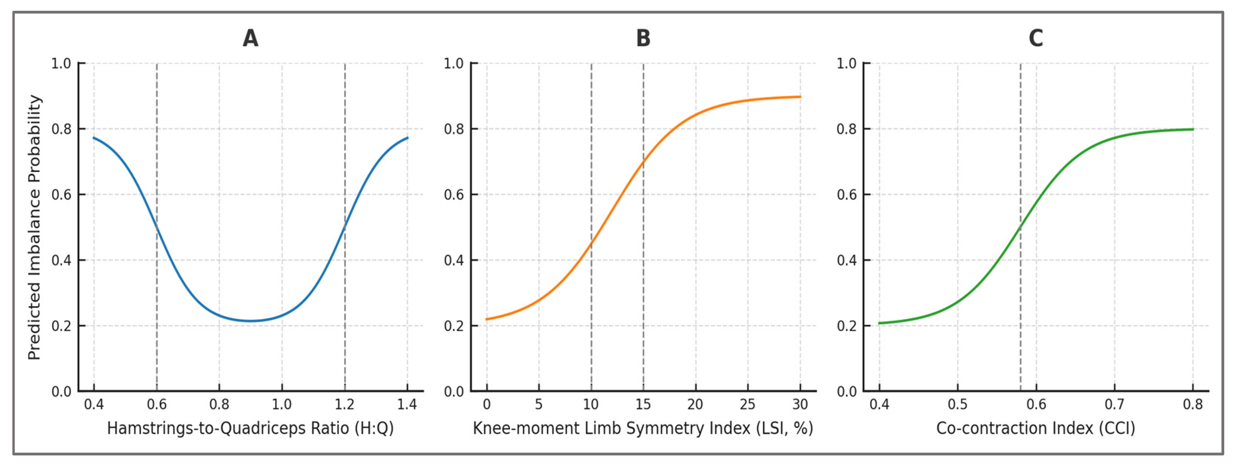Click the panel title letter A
[x=250, y=38]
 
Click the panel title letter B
[x=643, y=38]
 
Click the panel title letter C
[x=1036, y=38]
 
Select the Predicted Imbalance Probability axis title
[x=35, y=227]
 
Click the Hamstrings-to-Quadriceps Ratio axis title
[x=250, y=428]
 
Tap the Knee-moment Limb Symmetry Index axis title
[x=643, y=428]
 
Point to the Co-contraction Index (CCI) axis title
[x=1036, y=428]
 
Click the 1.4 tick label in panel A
[x=407, y=404]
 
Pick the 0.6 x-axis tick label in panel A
[x=157, y=404]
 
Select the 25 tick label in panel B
[x=748, y=404]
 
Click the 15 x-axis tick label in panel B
[x=644, y=404]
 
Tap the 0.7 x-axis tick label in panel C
[x=1115, y=404]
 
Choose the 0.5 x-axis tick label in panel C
[x=957, y=404]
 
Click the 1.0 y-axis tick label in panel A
[x=61, y=63]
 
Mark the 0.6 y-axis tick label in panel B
[x=454, y=195]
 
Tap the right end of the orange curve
[x=800, y=97]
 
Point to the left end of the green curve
[x=880, y=323]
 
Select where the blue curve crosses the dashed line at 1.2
[x=345, y=227]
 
